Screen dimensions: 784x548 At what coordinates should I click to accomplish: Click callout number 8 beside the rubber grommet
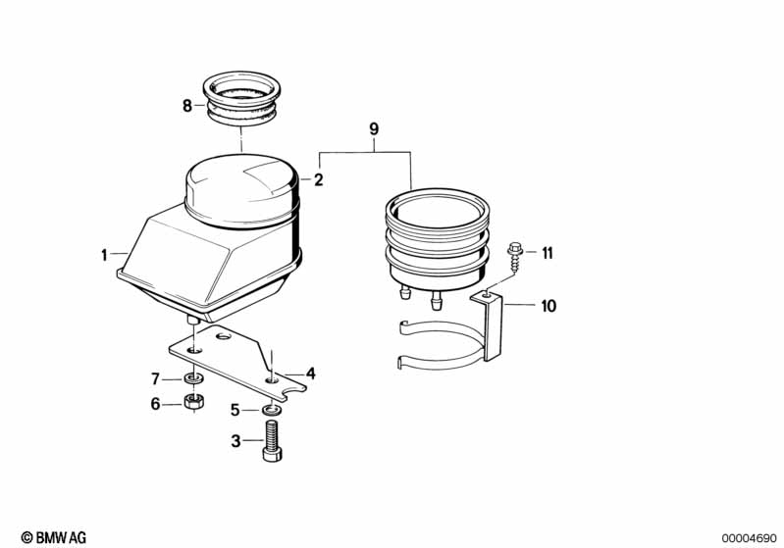click(187, 106)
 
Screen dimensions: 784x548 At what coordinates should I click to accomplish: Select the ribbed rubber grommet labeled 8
click(241, 98)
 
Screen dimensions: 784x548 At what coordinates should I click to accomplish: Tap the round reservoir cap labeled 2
click(242, 190)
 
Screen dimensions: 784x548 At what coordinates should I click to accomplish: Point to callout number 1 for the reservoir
click(104, 255)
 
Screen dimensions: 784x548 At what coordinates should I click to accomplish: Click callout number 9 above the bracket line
click(374, 129)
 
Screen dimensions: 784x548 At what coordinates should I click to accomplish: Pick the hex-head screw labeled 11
click(514, 257)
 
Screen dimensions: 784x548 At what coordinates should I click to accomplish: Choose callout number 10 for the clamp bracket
click(549, 306)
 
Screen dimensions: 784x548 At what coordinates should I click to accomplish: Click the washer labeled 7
click(193, 378)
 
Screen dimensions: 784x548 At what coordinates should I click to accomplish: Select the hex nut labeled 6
click(193, 402)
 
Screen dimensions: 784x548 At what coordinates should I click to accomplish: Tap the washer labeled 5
click(271, 411)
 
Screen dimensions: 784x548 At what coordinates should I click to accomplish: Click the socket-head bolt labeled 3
click(272, 440)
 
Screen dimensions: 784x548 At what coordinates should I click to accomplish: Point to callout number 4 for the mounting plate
click(311, 374)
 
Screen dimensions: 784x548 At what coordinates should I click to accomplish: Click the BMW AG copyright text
click(54, 537)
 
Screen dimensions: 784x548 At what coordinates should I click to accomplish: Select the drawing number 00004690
click(749, 538)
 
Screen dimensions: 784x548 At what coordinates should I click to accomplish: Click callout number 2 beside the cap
click(319, 179)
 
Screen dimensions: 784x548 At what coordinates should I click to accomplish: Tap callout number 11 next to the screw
click(548, 253)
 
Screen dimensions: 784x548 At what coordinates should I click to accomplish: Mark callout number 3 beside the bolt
click(235, 441)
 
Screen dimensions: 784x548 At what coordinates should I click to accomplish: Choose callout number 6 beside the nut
click(155, 404)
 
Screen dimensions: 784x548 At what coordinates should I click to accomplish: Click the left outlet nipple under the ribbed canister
click(405, 291)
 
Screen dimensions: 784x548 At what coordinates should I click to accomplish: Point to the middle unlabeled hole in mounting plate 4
click(223, 337)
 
